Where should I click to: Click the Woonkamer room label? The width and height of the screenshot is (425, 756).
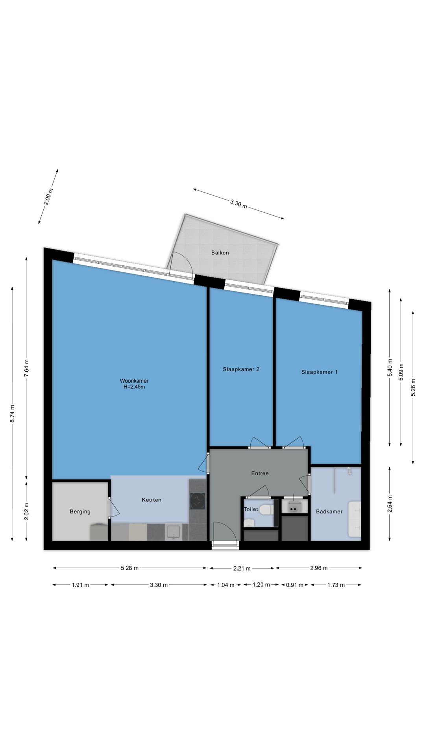point(134,381)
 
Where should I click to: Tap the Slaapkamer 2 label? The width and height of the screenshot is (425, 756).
point(241,369)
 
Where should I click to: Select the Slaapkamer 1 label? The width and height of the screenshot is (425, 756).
point(319,372)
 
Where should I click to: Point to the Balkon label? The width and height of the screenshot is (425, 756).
point(220,253)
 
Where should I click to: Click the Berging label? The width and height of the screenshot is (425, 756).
point(80,511)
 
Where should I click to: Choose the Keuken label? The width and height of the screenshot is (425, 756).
point(152,500)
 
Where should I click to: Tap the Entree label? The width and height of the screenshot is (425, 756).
point(260,473)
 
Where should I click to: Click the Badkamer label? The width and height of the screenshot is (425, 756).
point(329,511)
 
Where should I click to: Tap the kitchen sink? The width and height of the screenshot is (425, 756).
point(173,532)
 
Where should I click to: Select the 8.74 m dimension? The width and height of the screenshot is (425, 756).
point(13,414)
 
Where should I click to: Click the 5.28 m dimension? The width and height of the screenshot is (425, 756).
point(130,568)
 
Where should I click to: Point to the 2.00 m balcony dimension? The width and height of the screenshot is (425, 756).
point(48,197)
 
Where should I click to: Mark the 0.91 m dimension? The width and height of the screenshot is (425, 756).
point(294,585)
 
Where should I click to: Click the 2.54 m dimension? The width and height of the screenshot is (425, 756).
point(390,504)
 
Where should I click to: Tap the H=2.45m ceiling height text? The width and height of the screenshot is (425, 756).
point(134,387)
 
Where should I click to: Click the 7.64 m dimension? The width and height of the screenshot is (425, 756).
point(26,368)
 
